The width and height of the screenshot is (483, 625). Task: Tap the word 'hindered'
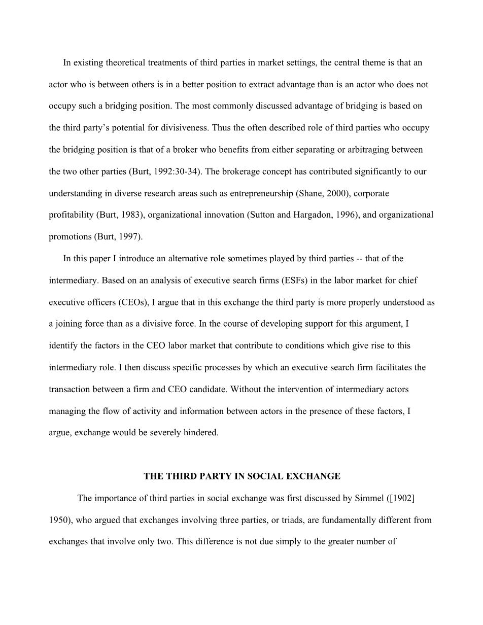[202, 433]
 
